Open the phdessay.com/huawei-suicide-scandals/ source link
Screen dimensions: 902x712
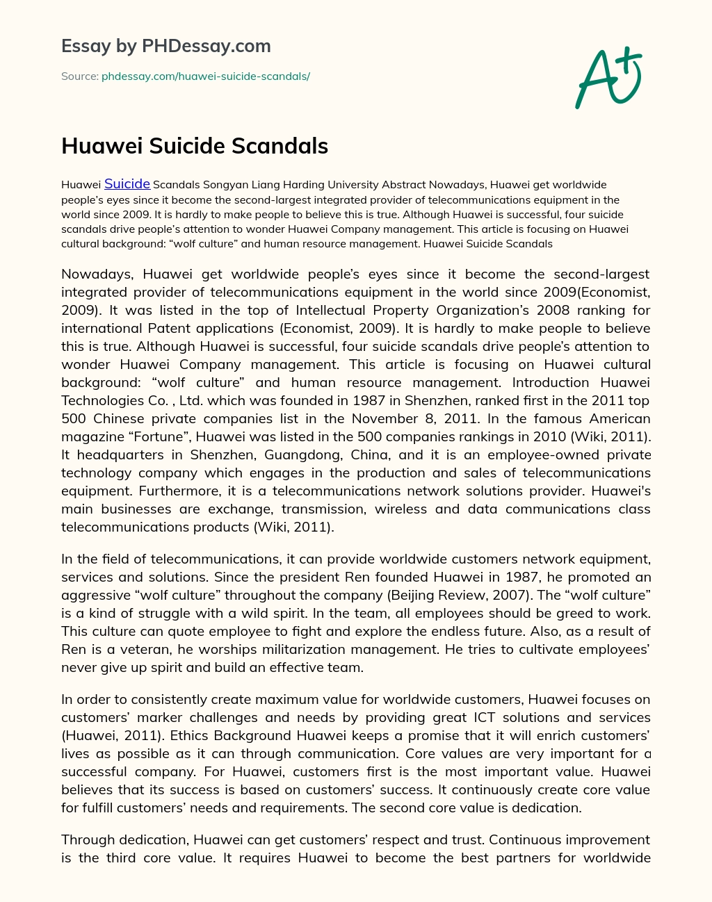[x=205, y=76]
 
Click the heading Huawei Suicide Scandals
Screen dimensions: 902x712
[x=195, y=146]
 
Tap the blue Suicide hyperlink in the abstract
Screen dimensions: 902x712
[x=127, y=184]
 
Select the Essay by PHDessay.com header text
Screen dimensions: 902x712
[x=166, y=47]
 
